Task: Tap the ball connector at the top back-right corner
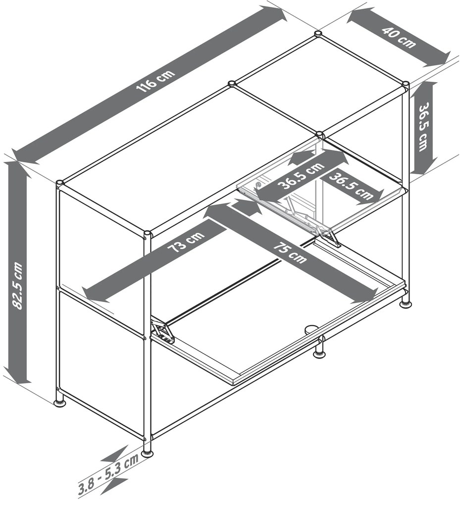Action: point(318,34)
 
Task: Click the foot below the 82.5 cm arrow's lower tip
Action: point(59,403)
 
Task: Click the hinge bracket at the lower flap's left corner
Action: point(163,331)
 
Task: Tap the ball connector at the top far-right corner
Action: point(406,85)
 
